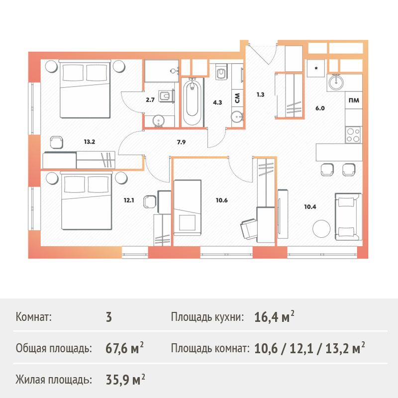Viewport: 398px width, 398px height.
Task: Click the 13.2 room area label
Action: (x=90, y=142)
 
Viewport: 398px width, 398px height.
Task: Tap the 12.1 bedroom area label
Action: (x=129, y=200)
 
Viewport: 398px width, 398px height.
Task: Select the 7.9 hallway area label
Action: (x=181, y=142)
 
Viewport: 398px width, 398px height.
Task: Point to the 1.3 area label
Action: (x=260, y=95)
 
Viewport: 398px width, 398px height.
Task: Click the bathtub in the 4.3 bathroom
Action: (x=192, y=102)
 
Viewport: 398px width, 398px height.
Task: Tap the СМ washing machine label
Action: (x=237, y=98)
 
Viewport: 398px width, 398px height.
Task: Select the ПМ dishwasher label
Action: (x=354, y=100)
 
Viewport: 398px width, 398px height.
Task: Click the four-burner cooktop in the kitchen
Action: (x=353, y=135)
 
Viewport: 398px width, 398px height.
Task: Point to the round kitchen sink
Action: (x=336, y=82)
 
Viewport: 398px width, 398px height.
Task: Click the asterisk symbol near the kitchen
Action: (x=316, y=68)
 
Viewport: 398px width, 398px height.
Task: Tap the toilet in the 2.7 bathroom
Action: (x=166, y=96)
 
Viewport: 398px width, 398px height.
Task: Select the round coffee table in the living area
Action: (x=321, y=229)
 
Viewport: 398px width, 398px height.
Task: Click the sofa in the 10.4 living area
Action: (x=348, y=216)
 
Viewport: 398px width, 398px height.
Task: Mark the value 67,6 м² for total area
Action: (x=124, y=348)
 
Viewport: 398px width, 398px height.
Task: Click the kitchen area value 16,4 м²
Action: (x=274, y=316)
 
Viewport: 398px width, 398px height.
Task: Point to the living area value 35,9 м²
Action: (x=125, y=380)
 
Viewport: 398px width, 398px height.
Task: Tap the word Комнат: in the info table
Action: (x=33, y=317)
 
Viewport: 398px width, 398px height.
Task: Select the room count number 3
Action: (x=109, y=317)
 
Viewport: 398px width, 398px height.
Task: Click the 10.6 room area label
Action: (x=221, y=200)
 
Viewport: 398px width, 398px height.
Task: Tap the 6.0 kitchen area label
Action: (x=320, y=108)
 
